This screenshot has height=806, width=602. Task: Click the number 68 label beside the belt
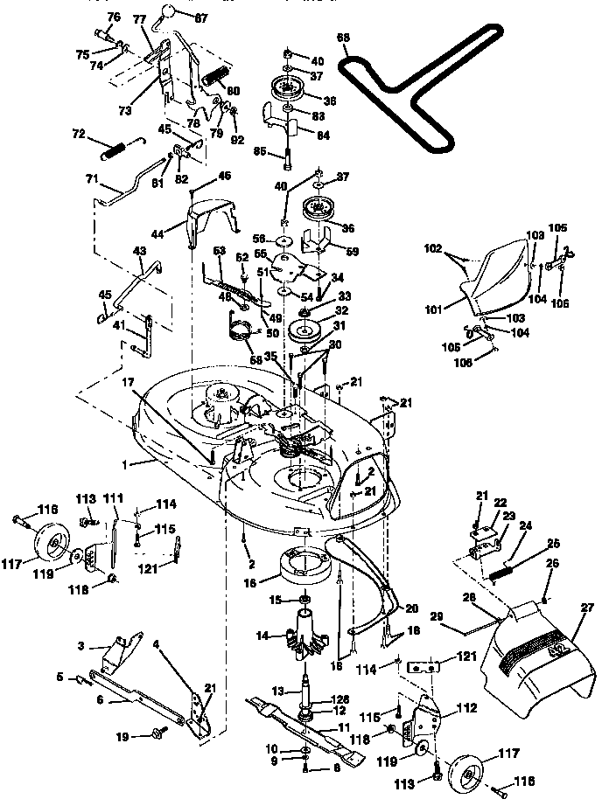tap(343, 38)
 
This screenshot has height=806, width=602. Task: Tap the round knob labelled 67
tap(164, 11)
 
